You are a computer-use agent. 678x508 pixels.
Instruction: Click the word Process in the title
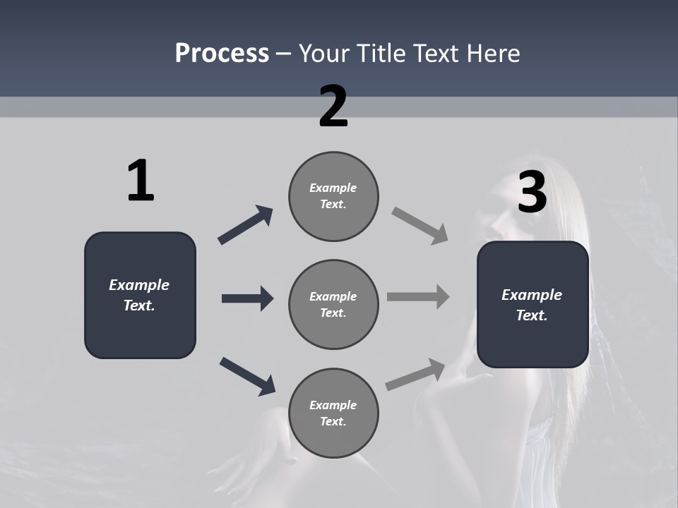point(222,53)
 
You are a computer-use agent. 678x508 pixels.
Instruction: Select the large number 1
point(141,181)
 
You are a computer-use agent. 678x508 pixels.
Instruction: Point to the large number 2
point(333,107)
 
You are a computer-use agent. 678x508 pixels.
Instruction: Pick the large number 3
point(533,193)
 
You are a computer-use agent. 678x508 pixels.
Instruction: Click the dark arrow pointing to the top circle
point(245,225)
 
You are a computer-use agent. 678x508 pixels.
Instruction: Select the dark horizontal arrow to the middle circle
point(247,298)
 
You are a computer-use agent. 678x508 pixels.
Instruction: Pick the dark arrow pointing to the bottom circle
point(247,376)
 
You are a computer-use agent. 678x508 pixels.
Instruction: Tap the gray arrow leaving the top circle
point(420,225)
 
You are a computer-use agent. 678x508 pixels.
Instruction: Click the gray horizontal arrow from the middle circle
point(418,297)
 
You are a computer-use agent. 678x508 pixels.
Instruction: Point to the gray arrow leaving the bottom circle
point(416,374)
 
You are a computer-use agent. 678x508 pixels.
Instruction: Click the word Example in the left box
point(139,285)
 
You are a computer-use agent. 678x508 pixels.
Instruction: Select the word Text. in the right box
point(532,315)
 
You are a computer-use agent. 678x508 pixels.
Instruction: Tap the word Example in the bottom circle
point(333,405)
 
